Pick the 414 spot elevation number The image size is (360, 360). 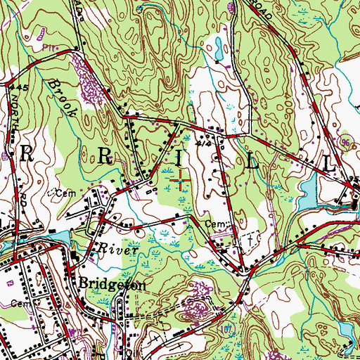point(205,143)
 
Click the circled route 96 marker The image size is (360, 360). point(345,143)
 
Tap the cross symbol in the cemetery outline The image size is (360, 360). point(247,238)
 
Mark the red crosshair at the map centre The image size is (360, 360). point(180,181)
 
